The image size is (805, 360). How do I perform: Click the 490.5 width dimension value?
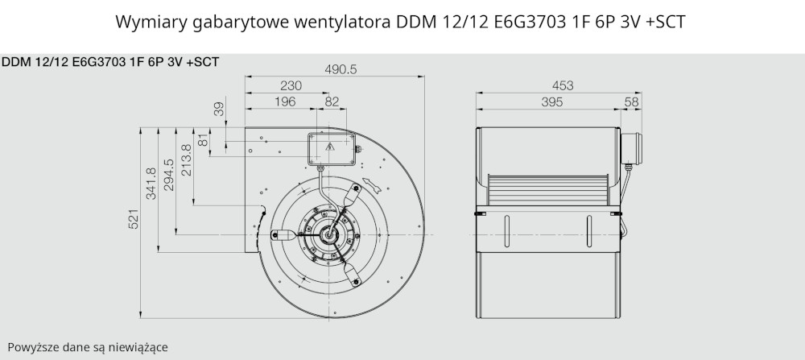tap(341, 69)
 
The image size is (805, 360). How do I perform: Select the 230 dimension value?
tap(291, 85)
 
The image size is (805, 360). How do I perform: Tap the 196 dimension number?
tap(285, 101)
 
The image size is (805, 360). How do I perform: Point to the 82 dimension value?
tap(332, 101)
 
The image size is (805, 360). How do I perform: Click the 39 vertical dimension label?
tap(219, 109)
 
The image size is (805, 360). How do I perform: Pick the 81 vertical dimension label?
tap(204, 139)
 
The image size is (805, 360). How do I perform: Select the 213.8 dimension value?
tap(187, 159)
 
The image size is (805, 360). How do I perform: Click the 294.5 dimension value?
tap(169, 175)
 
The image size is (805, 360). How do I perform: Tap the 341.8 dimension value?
tap(151, 184)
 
